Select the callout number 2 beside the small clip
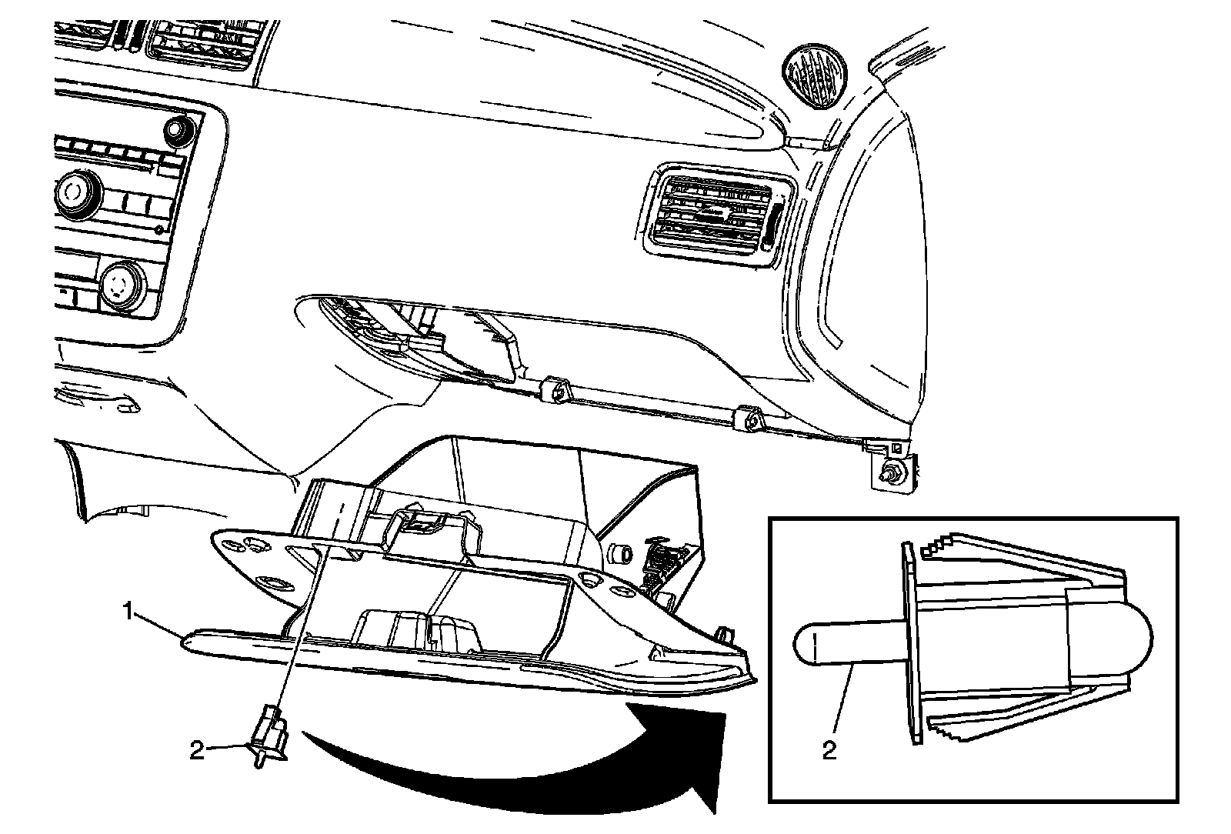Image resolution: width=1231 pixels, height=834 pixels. (197, 749)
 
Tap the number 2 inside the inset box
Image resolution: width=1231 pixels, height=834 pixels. (829, 749)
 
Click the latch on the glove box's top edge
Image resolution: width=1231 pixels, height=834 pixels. (419, 523)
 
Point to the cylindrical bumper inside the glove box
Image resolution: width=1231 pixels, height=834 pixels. (619, 553)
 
